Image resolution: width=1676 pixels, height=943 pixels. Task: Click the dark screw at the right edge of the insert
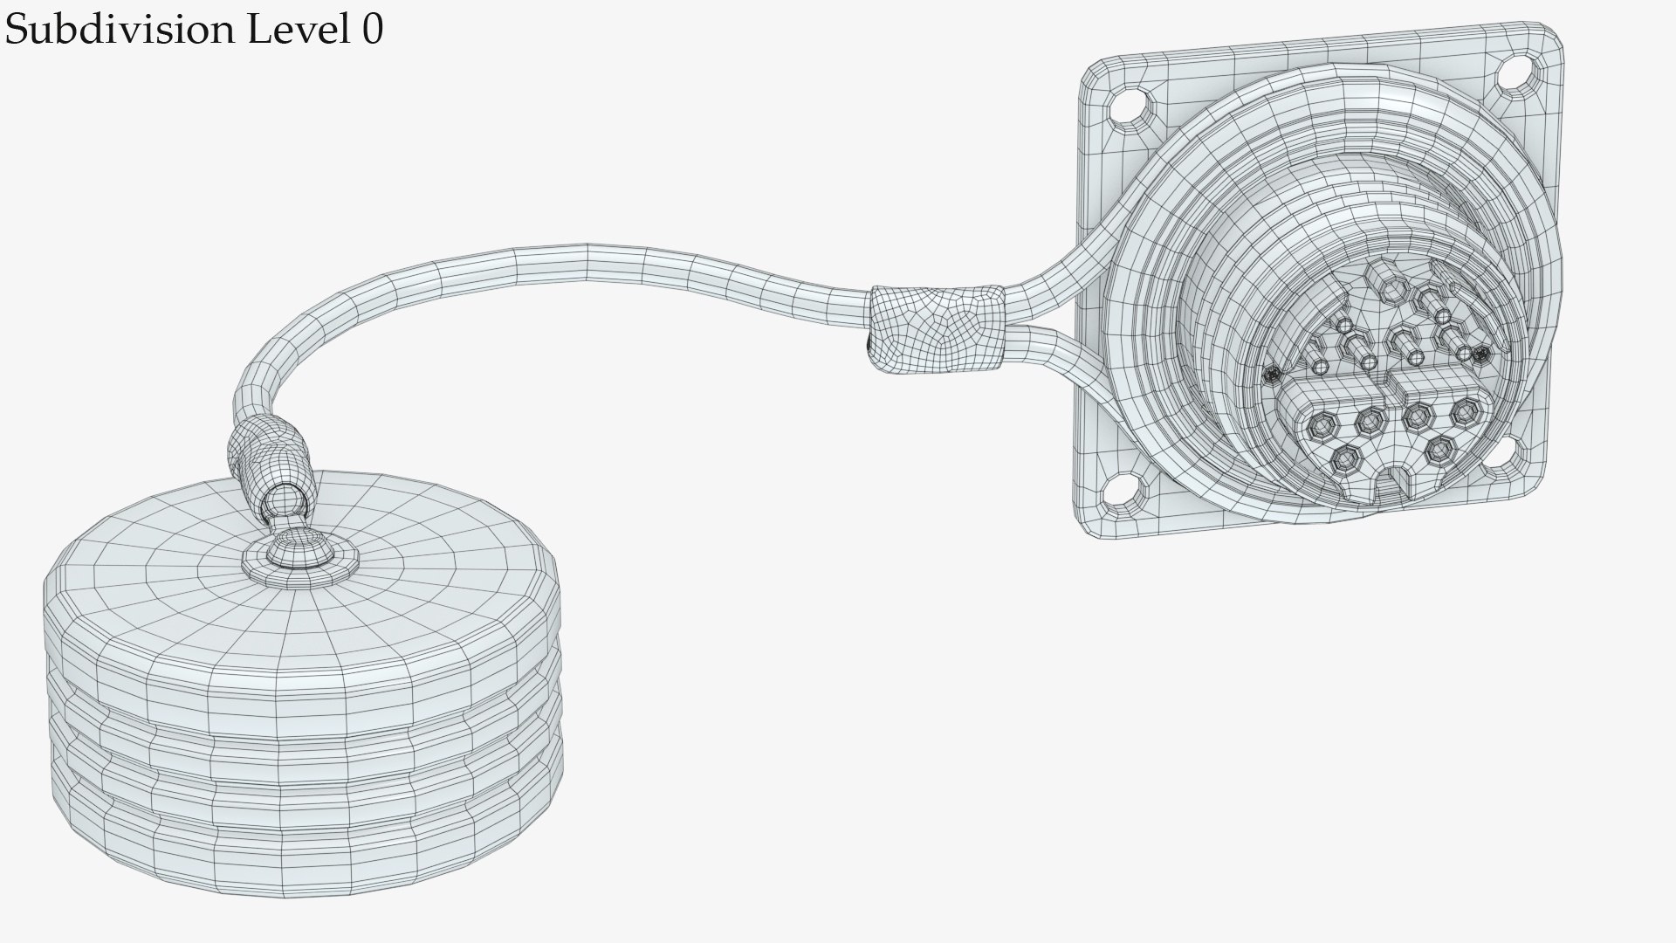[1480, 354]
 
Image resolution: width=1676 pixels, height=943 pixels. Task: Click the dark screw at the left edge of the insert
[1272, 375]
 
